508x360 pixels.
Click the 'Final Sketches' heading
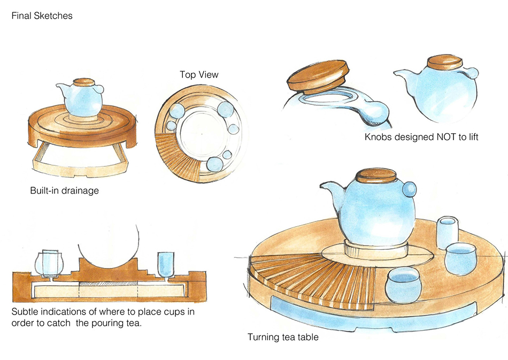(42, 16)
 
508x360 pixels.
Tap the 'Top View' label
(199, 74)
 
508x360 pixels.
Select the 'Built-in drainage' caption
(64, 190)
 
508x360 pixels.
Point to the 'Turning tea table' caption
(283, 337)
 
